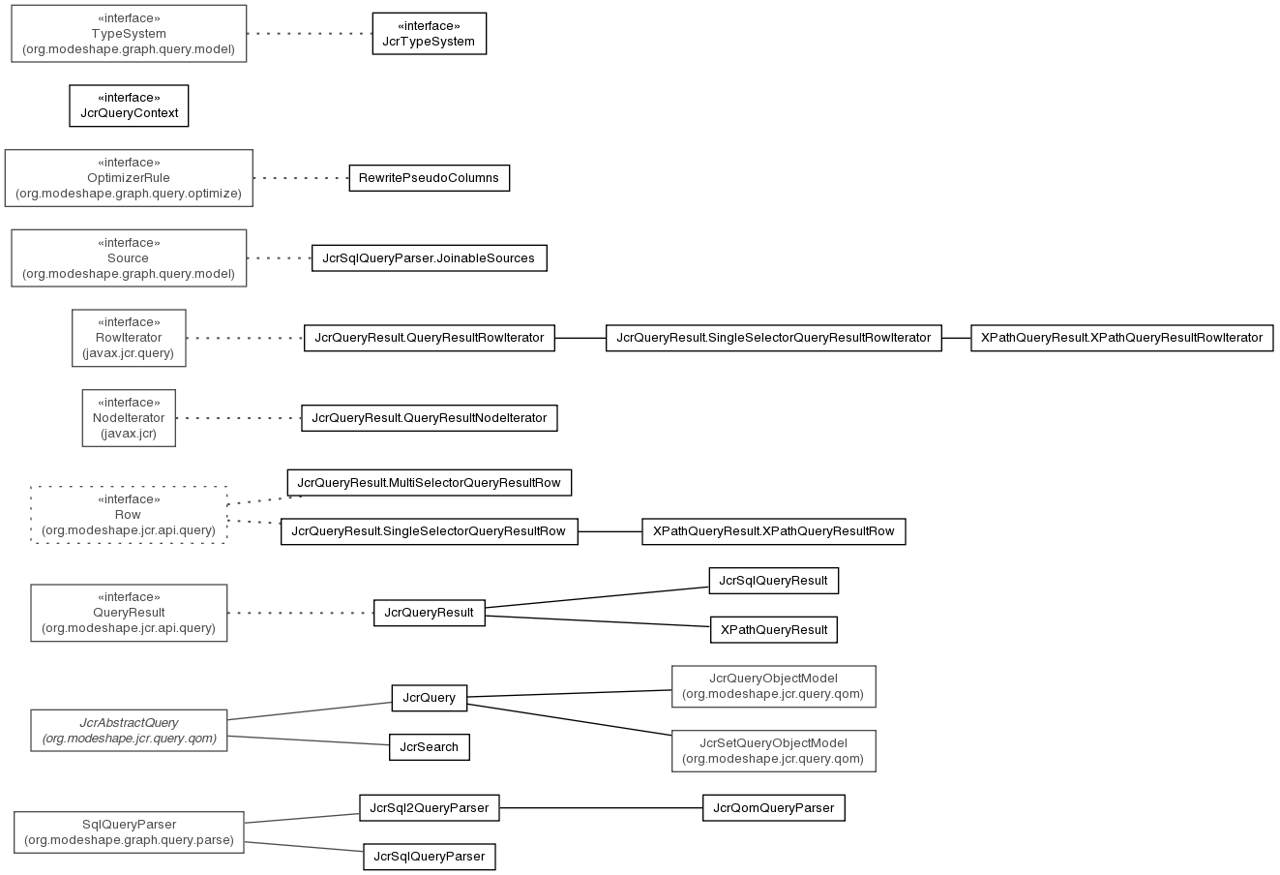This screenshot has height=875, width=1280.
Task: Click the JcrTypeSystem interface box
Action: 430,34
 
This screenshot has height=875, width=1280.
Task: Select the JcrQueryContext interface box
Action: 129,106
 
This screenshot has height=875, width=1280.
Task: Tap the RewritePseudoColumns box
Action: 430,178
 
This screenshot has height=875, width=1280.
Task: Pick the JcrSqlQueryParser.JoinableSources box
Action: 430,258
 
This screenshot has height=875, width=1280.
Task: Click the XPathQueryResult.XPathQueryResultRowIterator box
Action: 1121,338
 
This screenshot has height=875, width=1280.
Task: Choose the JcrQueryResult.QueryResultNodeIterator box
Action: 430,418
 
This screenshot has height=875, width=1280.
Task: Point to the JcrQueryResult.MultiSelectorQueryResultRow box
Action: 430,483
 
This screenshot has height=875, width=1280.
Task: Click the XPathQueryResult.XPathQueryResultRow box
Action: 774,531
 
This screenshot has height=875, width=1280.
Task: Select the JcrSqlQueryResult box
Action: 774,581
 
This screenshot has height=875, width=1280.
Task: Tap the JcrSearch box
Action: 430,747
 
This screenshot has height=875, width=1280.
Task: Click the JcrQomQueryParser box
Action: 774,808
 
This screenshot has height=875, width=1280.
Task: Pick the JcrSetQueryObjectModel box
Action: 774,751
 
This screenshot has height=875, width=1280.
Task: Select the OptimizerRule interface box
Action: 129,178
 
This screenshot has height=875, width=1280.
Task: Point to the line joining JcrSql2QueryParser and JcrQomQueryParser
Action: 601,808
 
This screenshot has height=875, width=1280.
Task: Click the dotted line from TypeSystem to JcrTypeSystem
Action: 310,34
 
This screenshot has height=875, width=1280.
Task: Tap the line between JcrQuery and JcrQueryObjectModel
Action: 569,694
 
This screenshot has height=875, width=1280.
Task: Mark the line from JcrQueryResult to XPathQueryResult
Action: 598,621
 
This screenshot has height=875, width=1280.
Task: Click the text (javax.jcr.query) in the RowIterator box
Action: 129,353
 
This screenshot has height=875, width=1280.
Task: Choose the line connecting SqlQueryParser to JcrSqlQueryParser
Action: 304,846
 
